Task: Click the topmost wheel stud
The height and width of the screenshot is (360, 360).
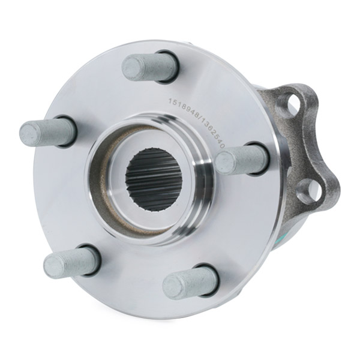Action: [147, 67]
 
